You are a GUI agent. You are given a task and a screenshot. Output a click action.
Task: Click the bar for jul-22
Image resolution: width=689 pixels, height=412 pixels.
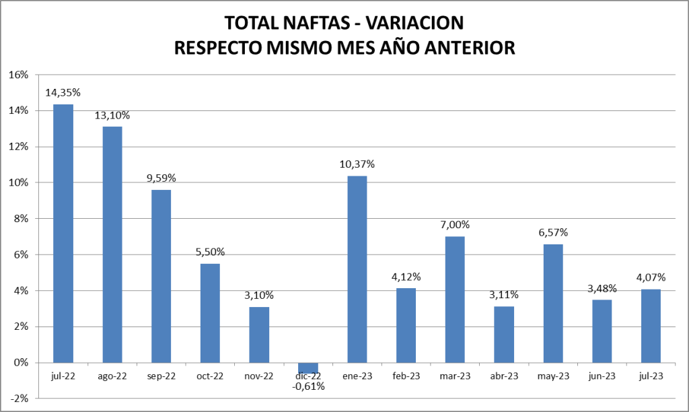click(x=63, y=233)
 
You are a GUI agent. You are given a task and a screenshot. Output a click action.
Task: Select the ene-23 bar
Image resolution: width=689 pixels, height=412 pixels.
click(x=357, y=269)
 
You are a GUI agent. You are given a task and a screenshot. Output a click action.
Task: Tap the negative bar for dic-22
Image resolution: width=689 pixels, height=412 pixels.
click(x=308, y=368)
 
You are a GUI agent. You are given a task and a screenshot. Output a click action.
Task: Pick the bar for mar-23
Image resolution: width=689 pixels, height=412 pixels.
click(x=455, y=300)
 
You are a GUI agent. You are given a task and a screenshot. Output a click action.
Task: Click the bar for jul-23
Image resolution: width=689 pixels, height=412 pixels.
click(x=651, y=326)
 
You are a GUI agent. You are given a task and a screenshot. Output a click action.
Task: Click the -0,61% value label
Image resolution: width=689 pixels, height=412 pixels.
click(x=307, y=386)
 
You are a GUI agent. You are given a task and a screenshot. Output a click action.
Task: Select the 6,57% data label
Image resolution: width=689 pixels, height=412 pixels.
click(x=553, y=232)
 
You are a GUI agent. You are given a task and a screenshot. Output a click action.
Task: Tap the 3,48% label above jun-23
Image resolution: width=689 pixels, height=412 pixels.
click(x=602, y=288)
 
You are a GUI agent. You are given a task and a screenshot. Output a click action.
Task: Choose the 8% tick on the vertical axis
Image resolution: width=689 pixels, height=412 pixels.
click(x=20, y=219)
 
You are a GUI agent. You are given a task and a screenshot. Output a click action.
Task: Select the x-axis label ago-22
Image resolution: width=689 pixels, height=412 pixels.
click(x=112, y=376)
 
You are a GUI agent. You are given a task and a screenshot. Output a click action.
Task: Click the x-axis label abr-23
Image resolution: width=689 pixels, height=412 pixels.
click(x=504, y=376)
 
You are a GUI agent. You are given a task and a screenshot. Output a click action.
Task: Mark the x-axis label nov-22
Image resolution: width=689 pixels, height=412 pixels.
click(x=259, y=376)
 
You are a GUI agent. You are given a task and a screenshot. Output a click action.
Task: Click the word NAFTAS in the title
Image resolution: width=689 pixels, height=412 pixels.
click(x=310, y=24)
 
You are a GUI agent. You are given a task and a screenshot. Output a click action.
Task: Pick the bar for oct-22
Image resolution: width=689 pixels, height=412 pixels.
click(x=210, y=313)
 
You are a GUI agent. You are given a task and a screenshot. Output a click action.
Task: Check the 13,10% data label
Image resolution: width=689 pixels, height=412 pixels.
click(x=112, y=115)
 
